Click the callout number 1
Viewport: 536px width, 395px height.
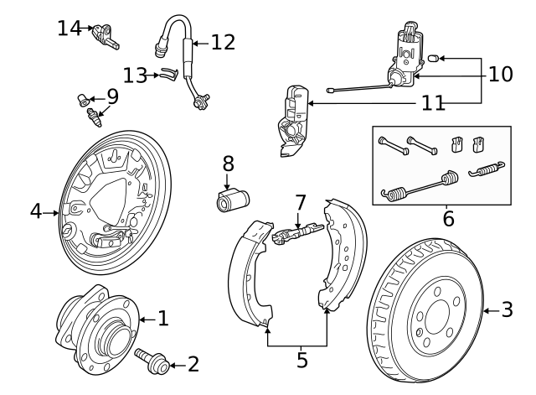(163, 318)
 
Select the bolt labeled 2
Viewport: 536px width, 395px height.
(151, 361)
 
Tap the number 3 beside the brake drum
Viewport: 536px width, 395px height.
(507, 310)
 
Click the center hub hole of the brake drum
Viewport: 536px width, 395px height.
(438, 319)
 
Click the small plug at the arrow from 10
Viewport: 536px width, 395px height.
(434, 58)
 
